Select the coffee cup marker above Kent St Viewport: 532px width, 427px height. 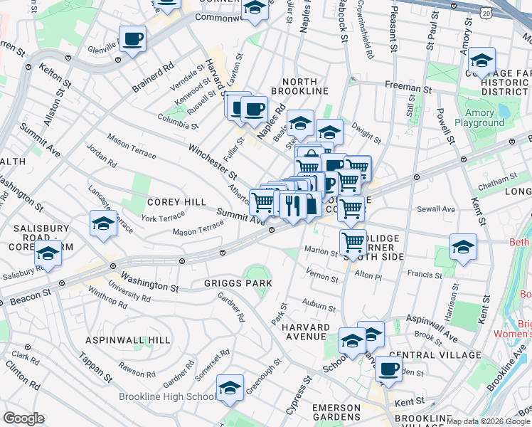pyautogui.click(x=388, y=369)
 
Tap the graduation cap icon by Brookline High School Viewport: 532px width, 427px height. pyautogui.click(x=230, y=388)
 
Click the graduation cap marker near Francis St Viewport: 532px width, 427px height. pyautogui.click(x=463, y=247)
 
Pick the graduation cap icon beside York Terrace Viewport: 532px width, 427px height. pyautogui.click(x=103, y=223)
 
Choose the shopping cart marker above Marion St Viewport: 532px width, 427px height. pyautogui.click(x=353, y=242)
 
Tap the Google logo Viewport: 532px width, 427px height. pyautogui.click(x=23, y=418)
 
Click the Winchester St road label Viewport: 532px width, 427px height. pyautogui.click(x=212, y=162)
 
